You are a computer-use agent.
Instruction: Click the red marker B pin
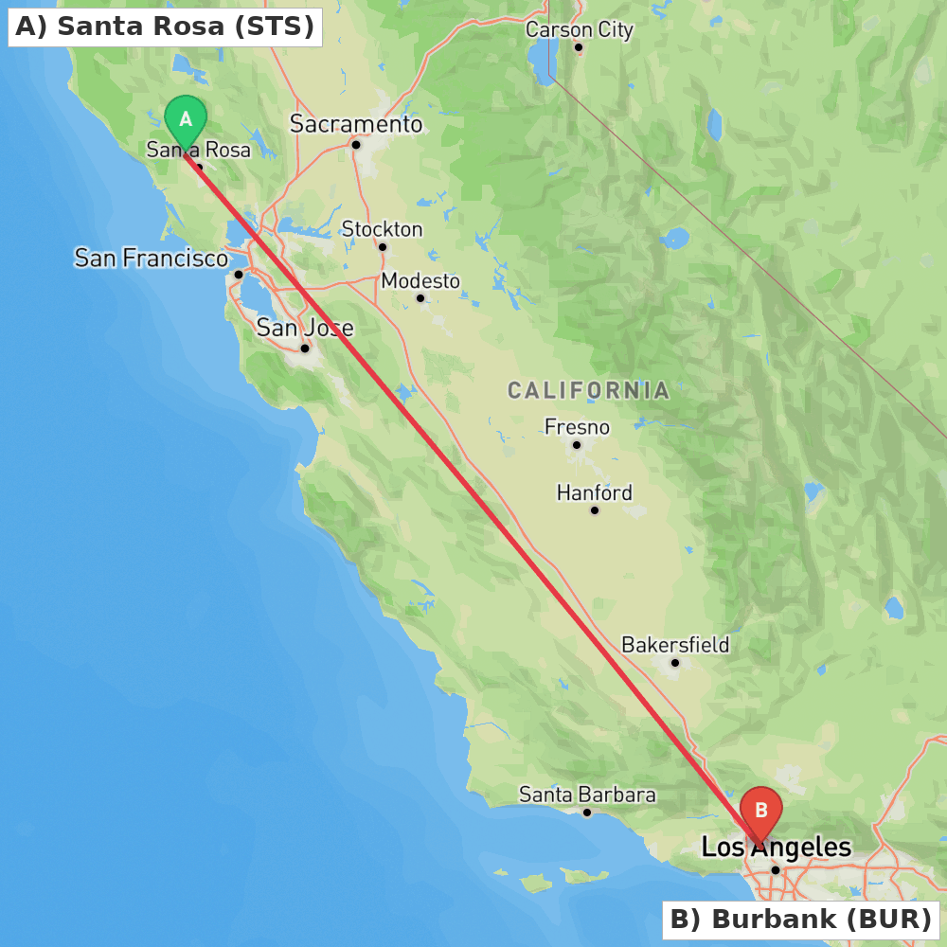coord(760,812)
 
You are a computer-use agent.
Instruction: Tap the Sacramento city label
coord(356,124)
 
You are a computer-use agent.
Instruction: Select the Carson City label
coord(580,30)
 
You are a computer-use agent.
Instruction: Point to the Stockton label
coord(382,229)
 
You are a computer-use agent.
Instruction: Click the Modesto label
coord(420,281)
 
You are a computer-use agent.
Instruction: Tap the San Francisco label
coord(152,258)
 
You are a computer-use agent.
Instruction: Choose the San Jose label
coord(305,329)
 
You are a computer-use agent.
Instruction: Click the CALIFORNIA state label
coord(588,390)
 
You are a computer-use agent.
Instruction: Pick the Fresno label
coord(577,427)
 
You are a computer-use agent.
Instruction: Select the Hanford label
coord(594,492)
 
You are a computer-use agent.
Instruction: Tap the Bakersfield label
coord(675,645)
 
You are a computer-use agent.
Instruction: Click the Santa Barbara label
coord(587,795)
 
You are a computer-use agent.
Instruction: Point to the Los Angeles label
coord(776,847)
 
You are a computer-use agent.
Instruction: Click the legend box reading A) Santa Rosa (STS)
coord(165,27)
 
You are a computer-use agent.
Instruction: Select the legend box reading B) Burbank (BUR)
coord(800,919)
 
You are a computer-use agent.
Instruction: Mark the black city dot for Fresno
coord(576,444)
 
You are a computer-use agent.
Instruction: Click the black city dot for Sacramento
coord(356,144)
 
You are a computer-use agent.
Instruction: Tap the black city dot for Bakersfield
coord(675,662)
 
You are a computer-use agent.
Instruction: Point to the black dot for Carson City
coord(579,47)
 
